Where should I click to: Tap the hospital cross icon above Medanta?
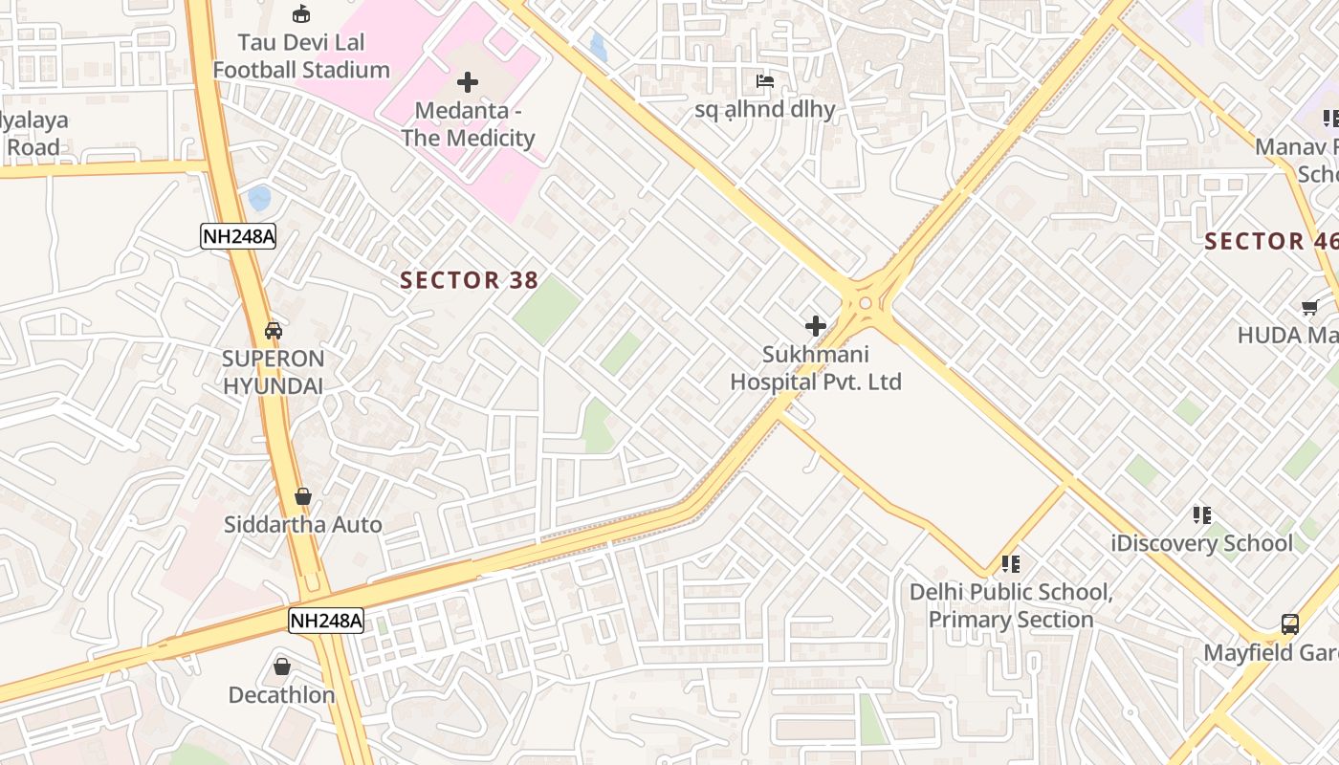[468, 82]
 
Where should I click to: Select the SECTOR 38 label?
[469, 280]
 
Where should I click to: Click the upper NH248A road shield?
[238, 236]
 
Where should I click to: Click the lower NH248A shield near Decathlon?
[326, 621]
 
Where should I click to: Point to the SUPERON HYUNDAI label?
[274, 372]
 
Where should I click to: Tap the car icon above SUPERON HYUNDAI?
[274, 331]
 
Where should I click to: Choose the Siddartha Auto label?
[302, 524]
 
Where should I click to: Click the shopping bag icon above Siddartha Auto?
[303, 496]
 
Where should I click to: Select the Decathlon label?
[281, 695]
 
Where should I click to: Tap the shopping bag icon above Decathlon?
[282, 667]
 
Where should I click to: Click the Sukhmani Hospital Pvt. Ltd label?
[816, 368]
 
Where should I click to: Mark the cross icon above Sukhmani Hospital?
[816, 326]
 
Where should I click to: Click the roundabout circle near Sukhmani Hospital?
[866, 303]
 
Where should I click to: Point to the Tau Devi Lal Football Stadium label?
[301, 56]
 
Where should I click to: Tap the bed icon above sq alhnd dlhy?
[765, 81]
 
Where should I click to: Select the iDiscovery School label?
[1201, 543]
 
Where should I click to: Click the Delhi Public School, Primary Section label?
[1011, 605]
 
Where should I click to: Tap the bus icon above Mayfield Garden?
[1290, 624]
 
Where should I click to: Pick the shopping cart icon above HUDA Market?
[1310, 308]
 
